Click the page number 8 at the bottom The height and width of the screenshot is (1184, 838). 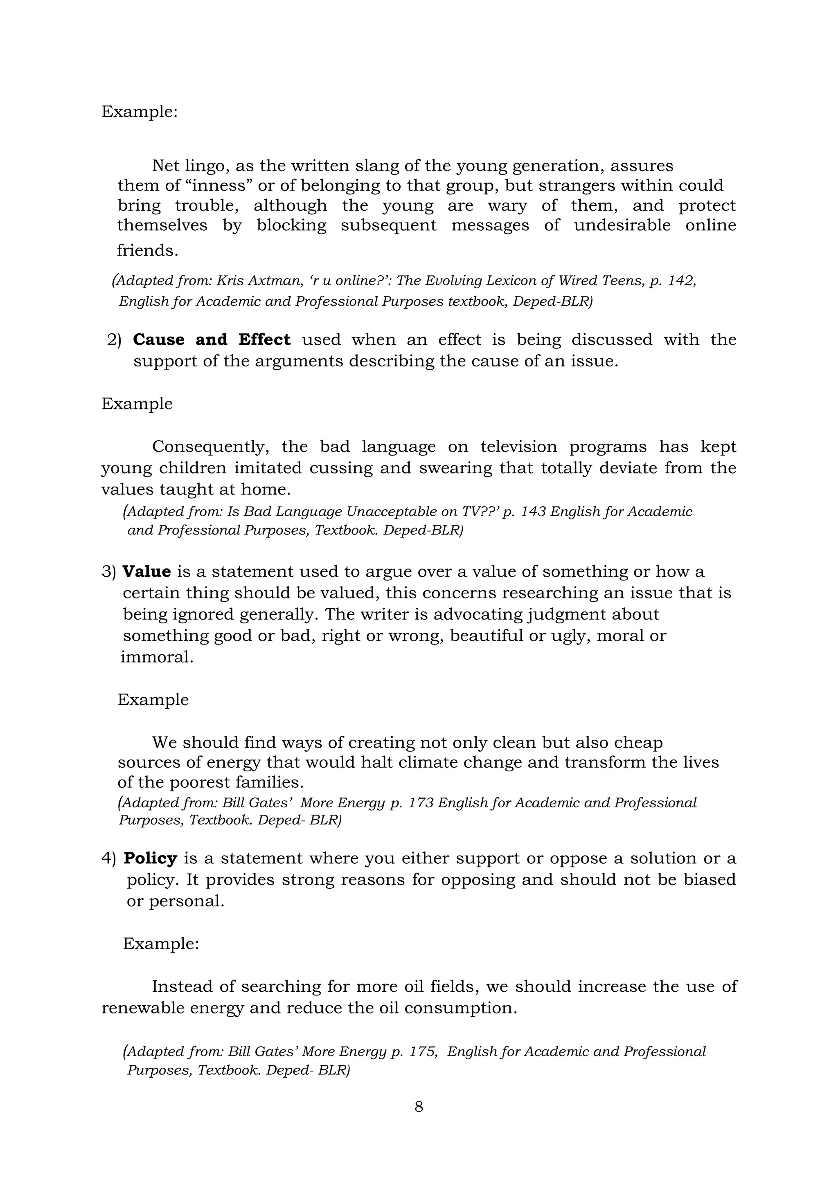(419, 1106)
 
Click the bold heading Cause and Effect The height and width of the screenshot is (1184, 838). (212, 339)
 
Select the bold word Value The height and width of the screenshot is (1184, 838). (146, 571)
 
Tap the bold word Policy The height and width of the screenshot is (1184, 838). (150, 858)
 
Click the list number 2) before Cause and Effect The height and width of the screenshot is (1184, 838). (114, 340)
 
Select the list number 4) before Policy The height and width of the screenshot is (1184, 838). (109, 858)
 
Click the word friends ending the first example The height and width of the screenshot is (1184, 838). (147, 251)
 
